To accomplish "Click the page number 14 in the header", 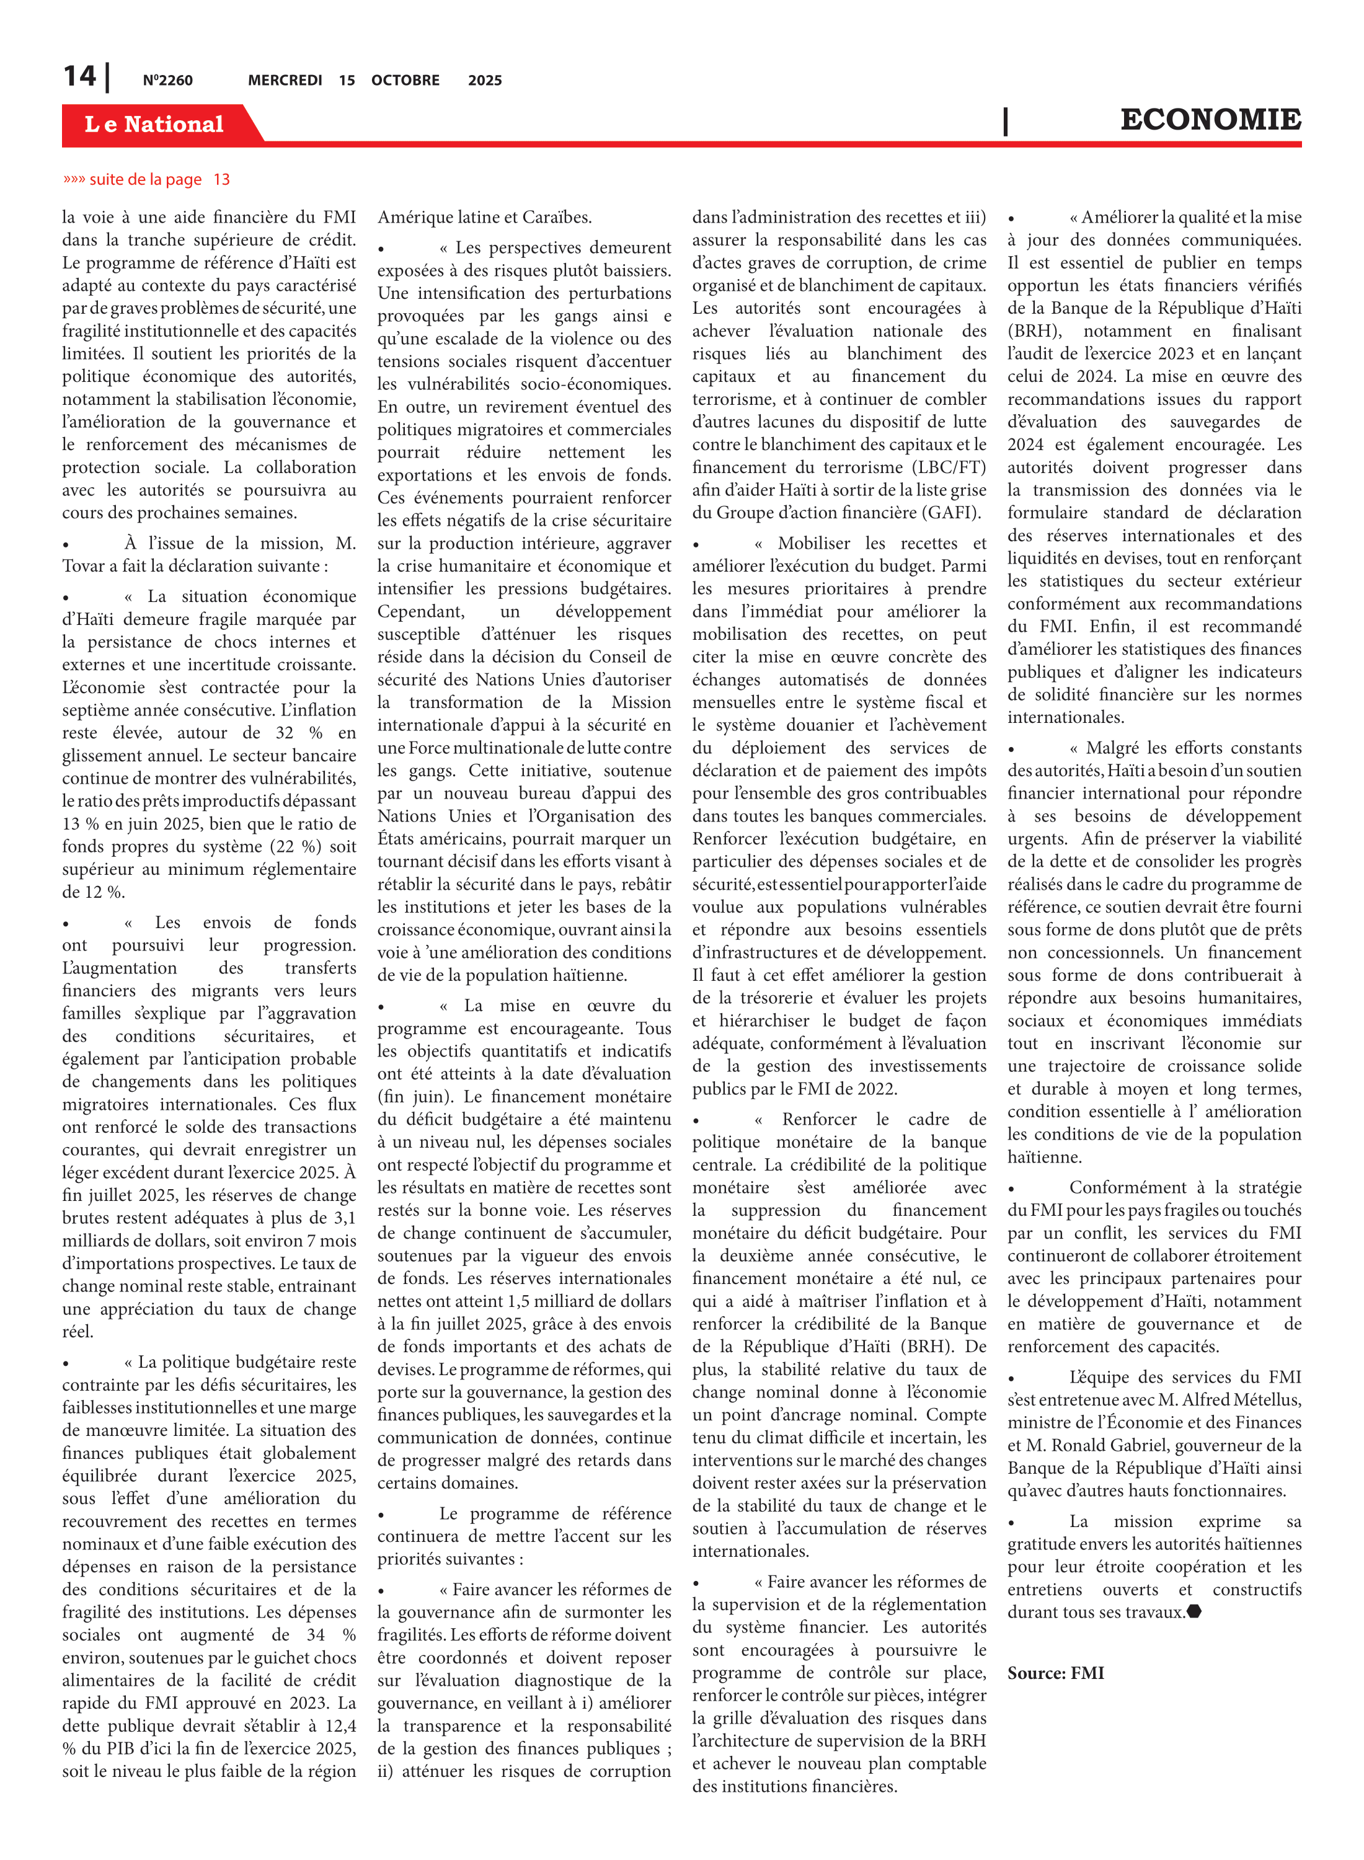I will coord(80,77).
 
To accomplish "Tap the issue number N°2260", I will coord(167,80).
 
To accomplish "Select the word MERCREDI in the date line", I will coord(285,80).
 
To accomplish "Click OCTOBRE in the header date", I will coord(405,80).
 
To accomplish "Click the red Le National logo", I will coord(154,124).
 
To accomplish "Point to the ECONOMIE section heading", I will coord(1210,120).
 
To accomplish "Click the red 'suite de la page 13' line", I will coord(147,179).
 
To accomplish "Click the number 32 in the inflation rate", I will coord(284,732).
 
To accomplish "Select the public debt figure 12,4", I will coord(340,1725).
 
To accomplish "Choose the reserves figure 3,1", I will coord(343,1218).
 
